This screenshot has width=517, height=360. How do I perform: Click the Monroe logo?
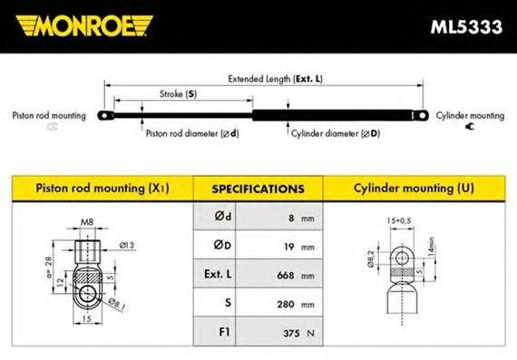84,25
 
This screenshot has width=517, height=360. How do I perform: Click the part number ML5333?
466,26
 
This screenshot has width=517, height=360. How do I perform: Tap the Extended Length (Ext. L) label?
276,79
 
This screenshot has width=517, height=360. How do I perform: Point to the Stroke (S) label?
178,94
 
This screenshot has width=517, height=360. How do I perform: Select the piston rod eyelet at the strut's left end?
105,116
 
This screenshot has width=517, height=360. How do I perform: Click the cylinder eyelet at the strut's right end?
421,115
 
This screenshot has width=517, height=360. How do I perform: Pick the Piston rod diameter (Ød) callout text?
192,133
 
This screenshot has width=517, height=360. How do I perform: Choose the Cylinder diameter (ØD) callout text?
336,133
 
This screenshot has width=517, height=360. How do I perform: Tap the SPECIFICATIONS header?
258,190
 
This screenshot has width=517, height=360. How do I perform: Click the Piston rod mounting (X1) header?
102,189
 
